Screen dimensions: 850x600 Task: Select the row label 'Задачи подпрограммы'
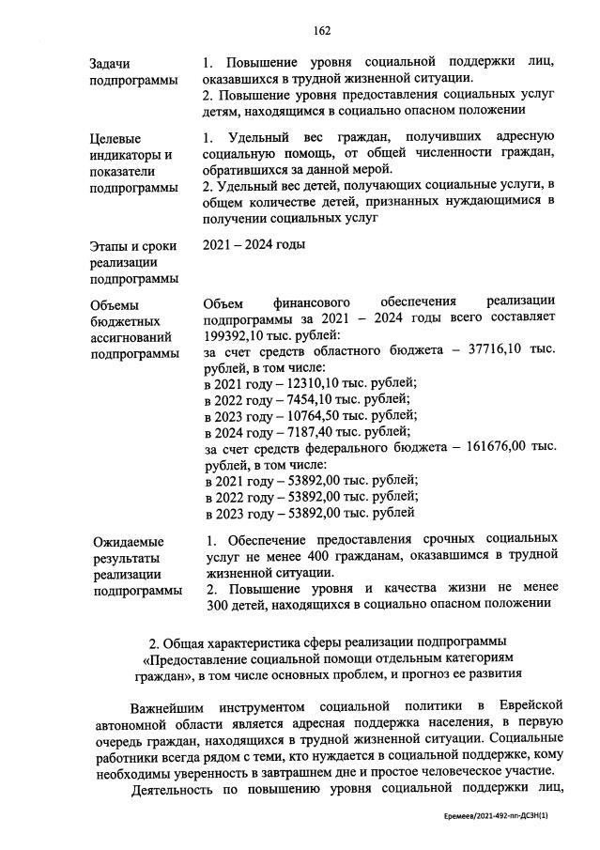click(x=133, y=71)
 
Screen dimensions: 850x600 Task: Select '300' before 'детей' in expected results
click(x=216, y=605)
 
